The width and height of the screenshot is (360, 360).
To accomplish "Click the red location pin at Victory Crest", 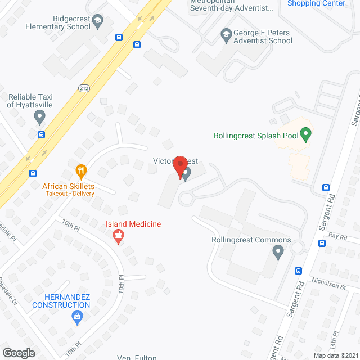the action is (x=180, y=166).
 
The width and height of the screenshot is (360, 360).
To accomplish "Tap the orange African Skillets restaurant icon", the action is (x=82, y=170).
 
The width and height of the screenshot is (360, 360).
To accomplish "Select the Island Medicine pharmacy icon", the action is (x=118, y=237).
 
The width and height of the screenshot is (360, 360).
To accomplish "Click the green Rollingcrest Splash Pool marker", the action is (x=305, y=134).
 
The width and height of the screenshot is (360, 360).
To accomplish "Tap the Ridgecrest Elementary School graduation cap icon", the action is (x=98, y=22).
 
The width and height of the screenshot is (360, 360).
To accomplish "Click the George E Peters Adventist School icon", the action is (x=227, y=34).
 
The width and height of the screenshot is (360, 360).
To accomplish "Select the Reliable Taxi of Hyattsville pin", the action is (x=39, y=118).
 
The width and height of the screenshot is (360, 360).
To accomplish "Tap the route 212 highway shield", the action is (x=84, y=88).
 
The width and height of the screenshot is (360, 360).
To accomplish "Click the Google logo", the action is (x=18, y=353).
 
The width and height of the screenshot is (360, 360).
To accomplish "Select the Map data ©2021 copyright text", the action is (x=335, y=355).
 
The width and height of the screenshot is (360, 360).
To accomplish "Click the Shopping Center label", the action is (x=316, y=3).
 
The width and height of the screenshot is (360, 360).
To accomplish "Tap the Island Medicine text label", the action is (x=133, y=224).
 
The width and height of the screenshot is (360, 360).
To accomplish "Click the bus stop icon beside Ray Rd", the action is (x=322, y=244).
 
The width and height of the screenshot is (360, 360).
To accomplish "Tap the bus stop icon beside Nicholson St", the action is (x=298, y=271).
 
